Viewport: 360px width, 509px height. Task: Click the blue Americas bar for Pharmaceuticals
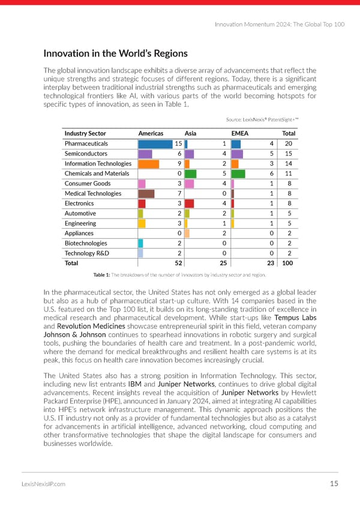155,144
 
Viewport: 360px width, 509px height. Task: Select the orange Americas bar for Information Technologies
148,164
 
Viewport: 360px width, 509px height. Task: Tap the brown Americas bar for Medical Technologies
146,194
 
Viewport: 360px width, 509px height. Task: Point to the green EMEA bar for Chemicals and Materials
238,174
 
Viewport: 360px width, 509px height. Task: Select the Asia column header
191,133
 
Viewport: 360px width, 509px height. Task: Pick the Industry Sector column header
85,133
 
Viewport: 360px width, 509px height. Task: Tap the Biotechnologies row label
86,244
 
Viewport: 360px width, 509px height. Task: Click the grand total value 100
287,264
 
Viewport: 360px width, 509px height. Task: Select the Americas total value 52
178,264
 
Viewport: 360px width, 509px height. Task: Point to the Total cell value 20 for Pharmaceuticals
288,144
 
